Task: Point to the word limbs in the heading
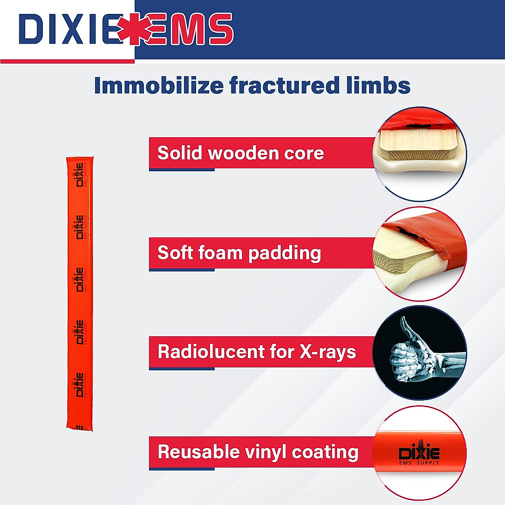tap(377, 85)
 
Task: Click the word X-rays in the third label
tap(328, 352)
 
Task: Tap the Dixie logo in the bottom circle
tap(419, 454)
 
